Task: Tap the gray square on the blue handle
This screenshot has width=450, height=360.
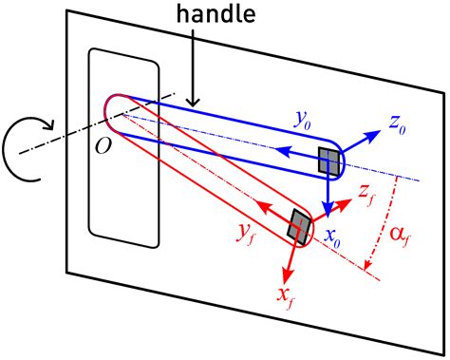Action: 329,162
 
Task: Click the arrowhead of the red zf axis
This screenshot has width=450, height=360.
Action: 347,197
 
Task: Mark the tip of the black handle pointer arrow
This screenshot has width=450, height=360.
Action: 192,104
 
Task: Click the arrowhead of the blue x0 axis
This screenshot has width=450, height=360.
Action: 328,215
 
